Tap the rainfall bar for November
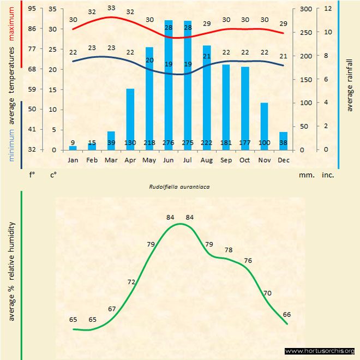click(x=264, y=126)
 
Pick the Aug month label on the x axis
click(x=207, y=160)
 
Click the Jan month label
click(x=73, y=160)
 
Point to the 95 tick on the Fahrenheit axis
click(x=32, y=9)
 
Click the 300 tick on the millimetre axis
click(x=305, y=9)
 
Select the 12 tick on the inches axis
click(x=328, y=9)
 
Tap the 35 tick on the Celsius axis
click(x=52, y=9)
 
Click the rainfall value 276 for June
click(x=169, y=143)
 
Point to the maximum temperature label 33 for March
click(x=111, y=8)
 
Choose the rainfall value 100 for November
click(x=264, y=143)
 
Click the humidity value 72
click(x=131, y=282)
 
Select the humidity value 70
click(x=267, y=293)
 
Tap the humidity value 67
click(x=112, y=309)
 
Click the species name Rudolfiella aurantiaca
click(x=180, y=186)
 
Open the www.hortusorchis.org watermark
click(x=320, y=351)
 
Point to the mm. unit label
click(x=305, y=176)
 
